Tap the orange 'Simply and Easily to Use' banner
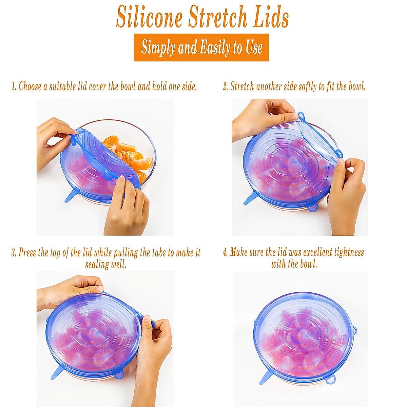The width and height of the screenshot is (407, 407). tap(201, 47)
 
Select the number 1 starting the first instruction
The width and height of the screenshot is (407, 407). tap(14, 86)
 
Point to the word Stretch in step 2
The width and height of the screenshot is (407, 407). tap(242, 86)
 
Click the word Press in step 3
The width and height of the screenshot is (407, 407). tap(27, 253)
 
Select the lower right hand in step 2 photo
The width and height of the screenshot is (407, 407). tap(346, 197)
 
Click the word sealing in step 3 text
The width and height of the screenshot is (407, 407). tap(96, 264)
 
